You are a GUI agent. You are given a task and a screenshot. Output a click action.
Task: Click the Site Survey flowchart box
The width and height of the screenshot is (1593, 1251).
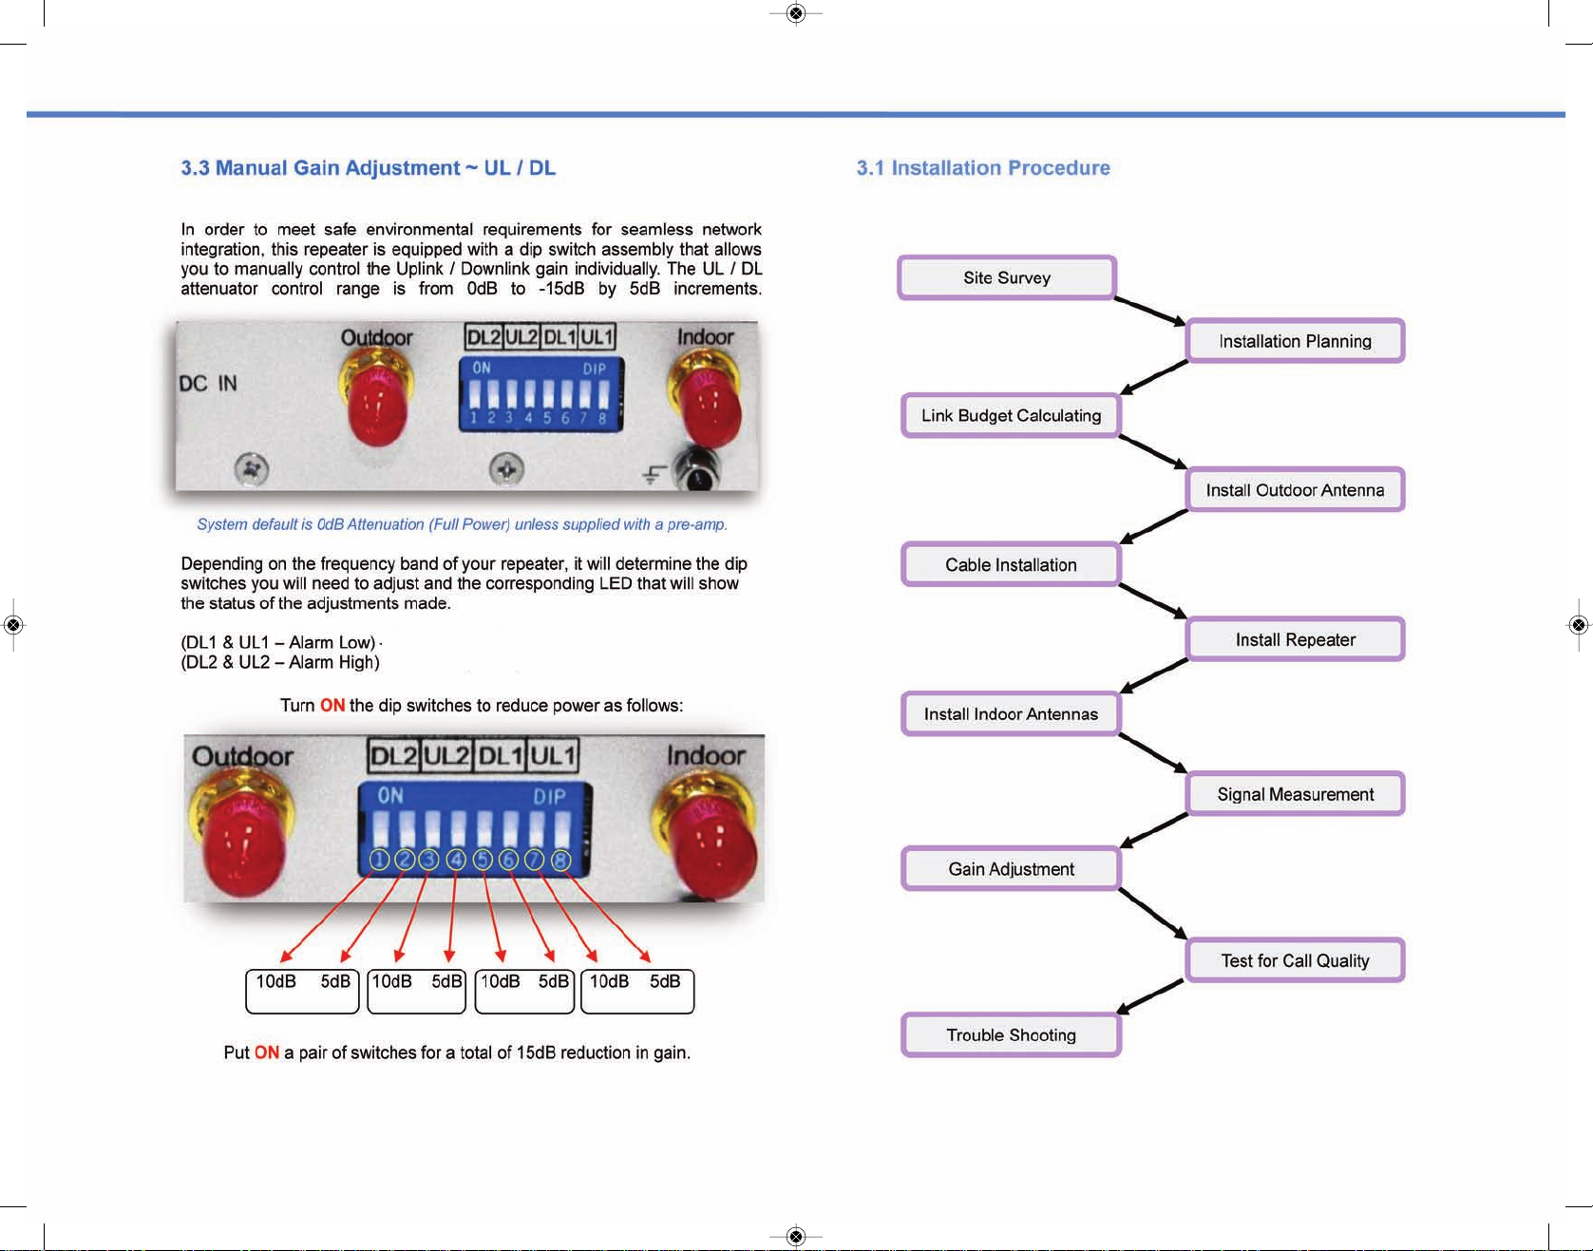(x=1006, y=277)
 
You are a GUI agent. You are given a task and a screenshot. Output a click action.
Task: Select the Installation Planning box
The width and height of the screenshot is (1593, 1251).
(x=1295, y=341)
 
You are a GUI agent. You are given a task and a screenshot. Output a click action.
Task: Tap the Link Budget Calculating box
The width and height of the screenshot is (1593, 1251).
(x=1011, y=415)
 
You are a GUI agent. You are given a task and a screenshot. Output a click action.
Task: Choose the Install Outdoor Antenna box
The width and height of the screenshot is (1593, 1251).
(x=1295, y=490)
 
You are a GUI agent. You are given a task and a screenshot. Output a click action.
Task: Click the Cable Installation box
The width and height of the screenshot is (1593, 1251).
(x=1011, y=564)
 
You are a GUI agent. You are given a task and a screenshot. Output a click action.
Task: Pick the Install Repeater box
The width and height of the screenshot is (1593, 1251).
(x=1295, y=639)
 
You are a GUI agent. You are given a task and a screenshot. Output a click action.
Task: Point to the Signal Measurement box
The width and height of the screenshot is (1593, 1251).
(x=1295, y=794)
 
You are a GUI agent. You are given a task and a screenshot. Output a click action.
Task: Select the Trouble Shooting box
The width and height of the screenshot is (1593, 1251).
(x=1011, y=1034)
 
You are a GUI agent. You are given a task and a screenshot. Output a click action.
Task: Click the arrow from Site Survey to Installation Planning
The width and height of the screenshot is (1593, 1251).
(x=1149, y=311)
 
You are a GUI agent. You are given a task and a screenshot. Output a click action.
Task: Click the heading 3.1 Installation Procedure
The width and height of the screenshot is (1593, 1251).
(x=983, y=168)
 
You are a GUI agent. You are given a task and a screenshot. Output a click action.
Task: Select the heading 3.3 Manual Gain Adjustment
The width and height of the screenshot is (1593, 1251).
(x=368, y=168)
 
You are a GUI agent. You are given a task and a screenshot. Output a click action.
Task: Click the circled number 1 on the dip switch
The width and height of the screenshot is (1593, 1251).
(x=379, y=860)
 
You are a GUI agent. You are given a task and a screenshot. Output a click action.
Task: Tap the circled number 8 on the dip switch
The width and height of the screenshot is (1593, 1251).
(x=561, y=860)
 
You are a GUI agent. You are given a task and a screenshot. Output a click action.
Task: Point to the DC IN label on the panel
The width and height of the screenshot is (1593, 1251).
(x=208, y=384)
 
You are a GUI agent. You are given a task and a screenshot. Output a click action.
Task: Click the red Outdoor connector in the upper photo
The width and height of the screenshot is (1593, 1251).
(x=378, y=404)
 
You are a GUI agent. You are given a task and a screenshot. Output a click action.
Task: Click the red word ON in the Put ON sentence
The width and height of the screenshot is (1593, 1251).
(x=267, y=1052)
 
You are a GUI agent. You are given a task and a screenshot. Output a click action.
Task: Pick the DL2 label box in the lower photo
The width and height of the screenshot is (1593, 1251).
(x=393, y=756)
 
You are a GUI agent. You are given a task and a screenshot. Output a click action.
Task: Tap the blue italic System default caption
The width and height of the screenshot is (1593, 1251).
(x=462, y=524)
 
